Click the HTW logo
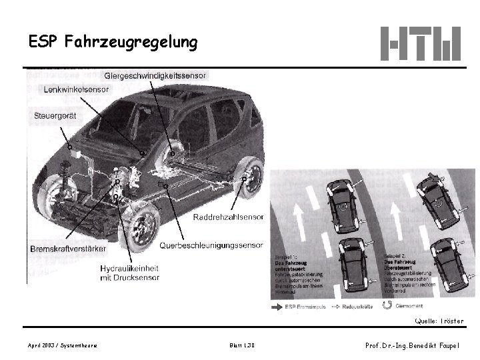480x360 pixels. coord(420,43)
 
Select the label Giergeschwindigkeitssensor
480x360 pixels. coord(155,75)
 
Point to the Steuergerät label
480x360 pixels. coord(55,116)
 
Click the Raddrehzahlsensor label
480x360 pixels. coord(227,217)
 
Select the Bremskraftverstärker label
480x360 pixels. coord(68,249)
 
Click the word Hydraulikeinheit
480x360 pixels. coord(129,267)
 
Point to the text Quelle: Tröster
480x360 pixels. coord(438,321)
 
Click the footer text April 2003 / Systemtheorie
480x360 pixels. coord(63,345)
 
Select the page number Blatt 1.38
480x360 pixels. coord(241,345)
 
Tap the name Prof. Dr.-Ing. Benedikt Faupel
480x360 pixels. coord(412,345)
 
